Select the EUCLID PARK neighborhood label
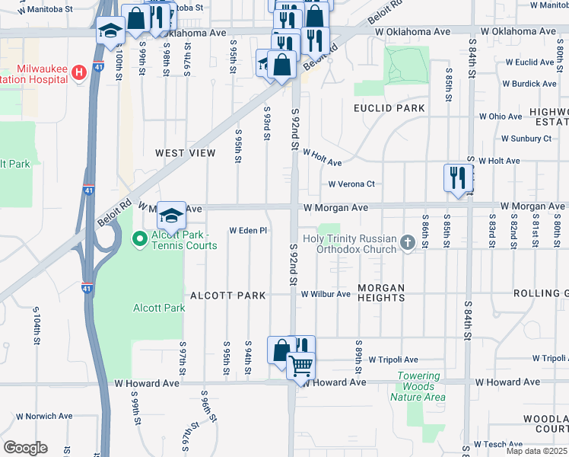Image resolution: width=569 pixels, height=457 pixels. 389,108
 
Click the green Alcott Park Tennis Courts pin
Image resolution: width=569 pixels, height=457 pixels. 139,240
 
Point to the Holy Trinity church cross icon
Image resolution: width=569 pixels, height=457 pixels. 407,243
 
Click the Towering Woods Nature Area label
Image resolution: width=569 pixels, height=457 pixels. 418,386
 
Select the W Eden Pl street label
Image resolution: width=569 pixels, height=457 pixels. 249,230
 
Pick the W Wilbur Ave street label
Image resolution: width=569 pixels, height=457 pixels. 326,293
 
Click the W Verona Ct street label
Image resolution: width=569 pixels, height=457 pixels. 351,184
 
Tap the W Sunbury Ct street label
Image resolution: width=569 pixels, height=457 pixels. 526,139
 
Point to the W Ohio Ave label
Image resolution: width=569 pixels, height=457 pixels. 500,117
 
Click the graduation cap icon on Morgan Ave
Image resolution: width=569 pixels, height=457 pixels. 172,216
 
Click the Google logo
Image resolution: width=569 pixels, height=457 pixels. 25,448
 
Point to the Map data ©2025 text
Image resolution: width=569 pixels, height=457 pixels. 536,451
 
